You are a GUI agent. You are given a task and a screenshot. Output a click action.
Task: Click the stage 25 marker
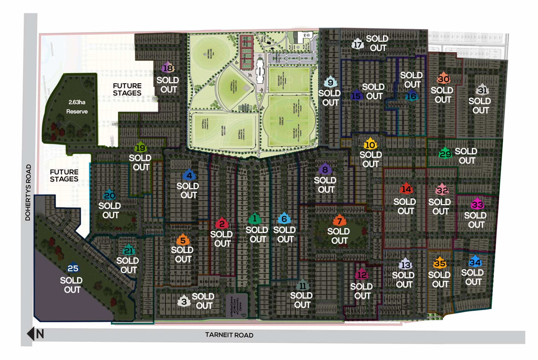click(73, 268)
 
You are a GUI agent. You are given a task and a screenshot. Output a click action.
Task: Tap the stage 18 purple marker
click(168, 67)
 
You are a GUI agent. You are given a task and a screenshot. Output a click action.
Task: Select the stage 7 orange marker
click(339, 220)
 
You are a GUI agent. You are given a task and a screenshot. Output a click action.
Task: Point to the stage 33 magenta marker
click(477, 204)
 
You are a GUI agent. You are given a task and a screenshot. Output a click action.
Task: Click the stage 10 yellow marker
click(370, 144)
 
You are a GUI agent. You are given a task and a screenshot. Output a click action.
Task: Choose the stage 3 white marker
click(184, 301)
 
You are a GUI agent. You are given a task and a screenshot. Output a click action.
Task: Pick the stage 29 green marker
click(445, 154)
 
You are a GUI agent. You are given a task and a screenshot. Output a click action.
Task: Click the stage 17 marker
click(358, 44)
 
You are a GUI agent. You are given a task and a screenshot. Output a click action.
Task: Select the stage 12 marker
click(362, 274)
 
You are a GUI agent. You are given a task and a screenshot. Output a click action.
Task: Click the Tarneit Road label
click(229, 335)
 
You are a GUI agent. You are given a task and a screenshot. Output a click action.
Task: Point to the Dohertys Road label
click(28, 192)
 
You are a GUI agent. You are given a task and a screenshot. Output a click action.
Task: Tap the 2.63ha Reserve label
click(77, 107)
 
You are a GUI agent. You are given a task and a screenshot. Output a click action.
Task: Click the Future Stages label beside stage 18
click(127, 89)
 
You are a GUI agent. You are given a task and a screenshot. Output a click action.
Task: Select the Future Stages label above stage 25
click(64, 175)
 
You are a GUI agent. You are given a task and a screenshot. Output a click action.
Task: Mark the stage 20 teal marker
click(109, 195)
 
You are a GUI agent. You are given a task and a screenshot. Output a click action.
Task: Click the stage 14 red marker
click(406, 188)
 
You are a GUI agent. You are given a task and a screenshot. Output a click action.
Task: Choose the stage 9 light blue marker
click(330, 82)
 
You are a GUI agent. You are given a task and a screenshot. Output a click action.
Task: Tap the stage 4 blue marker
click(189, 175)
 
